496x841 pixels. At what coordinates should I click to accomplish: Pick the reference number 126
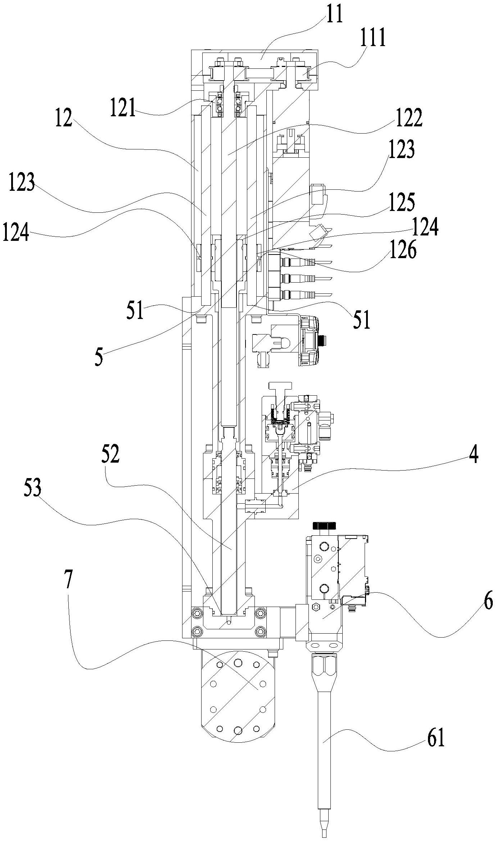point(402,251)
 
